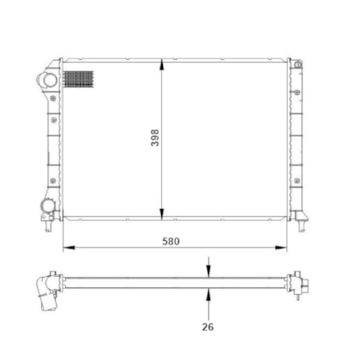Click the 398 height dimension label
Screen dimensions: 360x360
[x=155, y=138]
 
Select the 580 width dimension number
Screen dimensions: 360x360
[x=171, y=242]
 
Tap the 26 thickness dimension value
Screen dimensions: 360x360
[x=207, y=327]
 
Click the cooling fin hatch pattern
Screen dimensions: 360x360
[x=79, y=79]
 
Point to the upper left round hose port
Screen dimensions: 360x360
[x=48, y=80]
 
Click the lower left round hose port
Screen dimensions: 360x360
[x=47, y=206]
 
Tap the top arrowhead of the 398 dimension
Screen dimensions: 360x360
[x=162, y=64]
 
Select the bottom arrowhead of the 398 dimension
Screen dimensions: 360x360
[x=162, y=213]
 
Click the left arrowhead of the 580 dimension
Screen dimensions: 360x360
[x=69, y=248]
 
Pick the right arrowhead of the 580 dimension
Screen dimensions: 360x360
[x=280, y=248]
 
